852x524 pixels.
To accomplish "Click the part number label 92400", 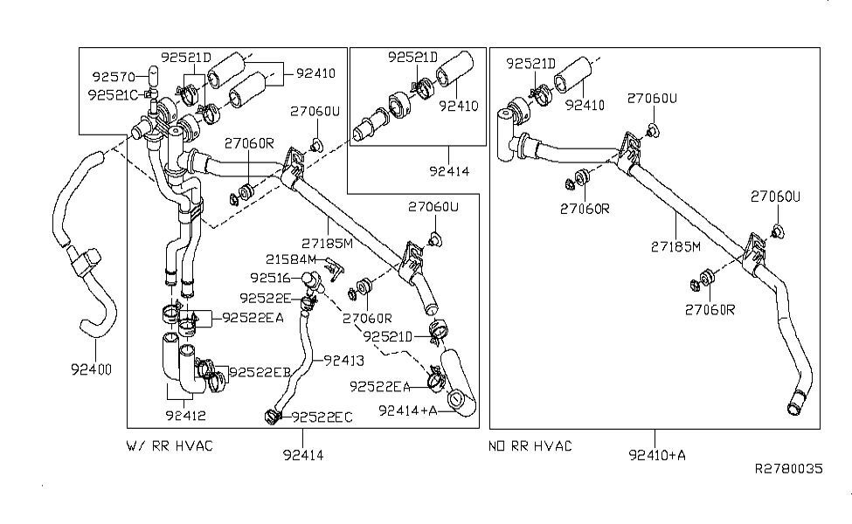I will click(91, 369).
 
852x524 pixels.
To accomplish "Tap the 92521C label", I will click(114, 93).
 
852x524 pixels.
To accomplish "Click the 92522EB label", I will click(260, 372).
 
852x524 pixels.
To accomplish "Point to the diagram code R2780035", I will click(789, 469).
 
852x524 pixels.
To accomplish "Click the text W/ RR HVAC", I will click(170, 446).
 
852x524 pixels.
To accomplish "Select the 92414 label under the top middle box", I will click(450, 171).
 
